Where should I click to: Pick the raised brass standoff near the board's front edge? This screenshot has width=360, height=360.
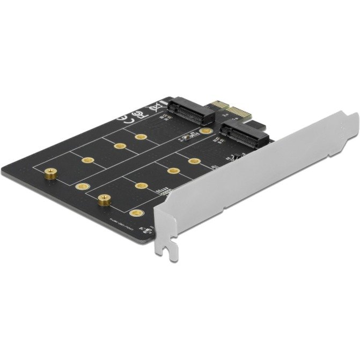tap(102, 202)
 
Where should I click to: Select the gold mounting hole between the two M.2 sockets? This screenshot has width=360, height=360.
tap(204, 130)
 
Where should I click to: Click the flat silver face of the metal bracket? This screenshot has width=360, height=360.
tap(258, 182)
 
